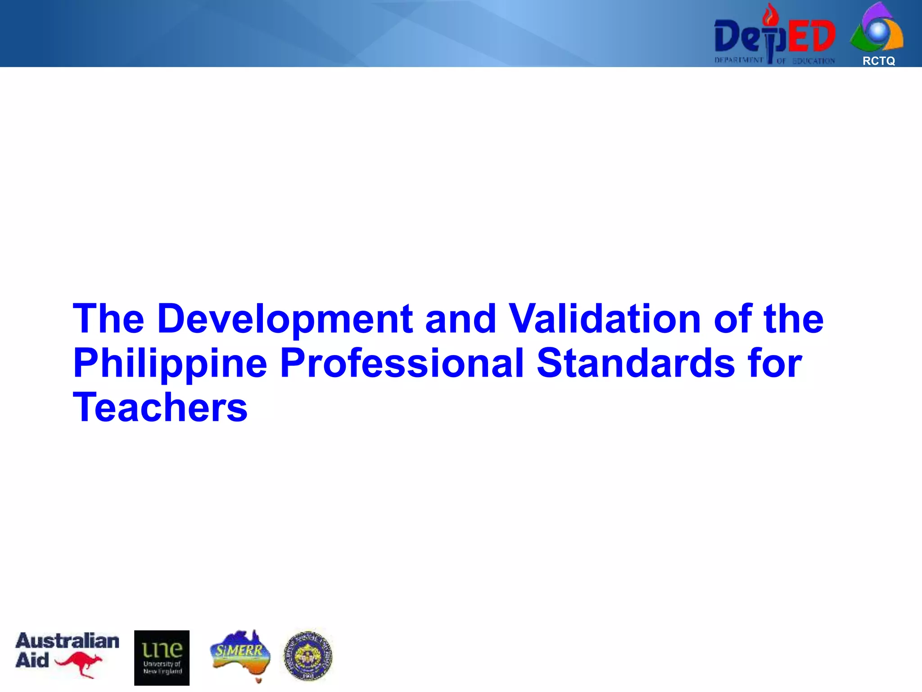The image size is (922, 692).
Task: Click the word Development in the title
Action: tap(285, 319)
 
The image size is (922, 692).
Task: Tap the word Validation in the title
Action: tap(605, 319)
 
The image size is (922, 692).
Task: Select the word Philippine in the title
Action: tap(170, 364)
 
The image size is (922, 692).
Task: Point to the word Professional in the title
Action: tap(402, 364)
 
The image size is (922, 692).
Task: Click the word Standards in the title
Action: tap(636, 364)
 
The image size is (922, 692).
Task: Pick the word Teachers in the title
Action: tap(160, 407)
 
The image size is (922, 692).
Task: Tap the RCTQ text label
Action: tap(878, 61)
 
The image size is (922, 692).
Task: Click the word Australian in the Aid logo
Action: tap(68, 641)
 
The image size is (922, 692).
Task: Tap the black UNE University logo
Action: tap(162, 658)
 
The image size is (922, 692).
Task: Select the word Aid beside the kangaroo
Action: tap(32, 660)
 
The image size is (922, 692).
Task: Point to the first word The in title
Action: tap(108, 319)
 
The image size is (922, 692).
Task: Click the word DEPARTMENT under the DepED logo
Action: tap(738, 60)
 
